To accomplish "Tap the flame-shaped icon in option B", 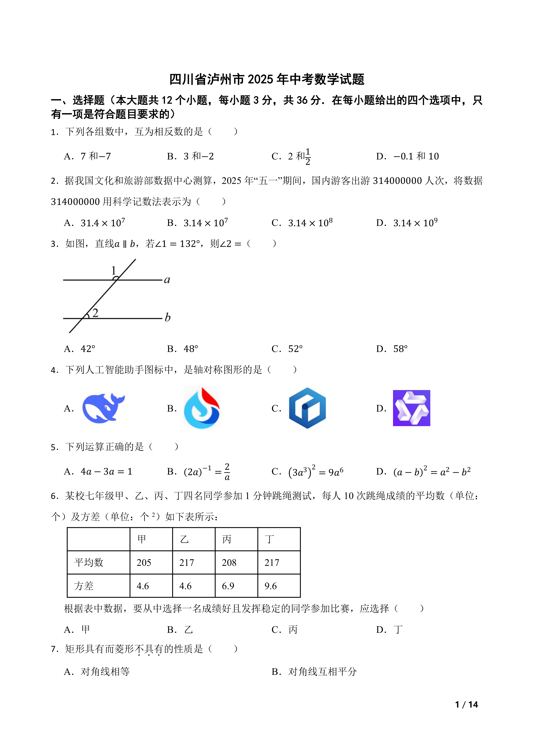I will pyautogui.click(x=202, y=408).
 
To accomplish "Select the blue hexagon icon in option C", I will pyautogui.click(x=307, y=408).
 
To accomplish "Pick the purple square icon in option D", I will pyautogui.click(x=411, y=408).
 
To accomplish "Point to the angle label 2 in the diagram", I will pyautogui.click(x=95, y=312).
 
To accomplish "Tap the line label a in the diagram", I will pyautogui.click(x=167, y=280).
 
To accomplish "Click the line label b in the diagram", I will pyautogui.click(x=167, y=317).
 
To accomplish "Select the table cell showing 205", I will pyautogui.click(x=144, y=562).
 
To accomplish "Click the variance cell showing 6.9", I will pyautogui.click(x=228, y=586).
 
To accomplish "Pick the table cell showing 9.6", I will pyautogui.click(x=271, y=586).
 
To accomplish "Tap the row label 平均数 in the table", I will pyautogui.click(x=89, y=562).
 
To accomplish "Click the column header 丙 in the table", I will pyautogui.click(x=227, y=539).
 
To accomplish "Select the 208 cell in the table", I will pyautogui.click(x=229, y=562).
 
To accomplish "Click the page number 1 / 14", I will pyautogui.click(x=466, y=705).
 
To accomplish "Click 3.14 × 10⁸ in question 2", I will pyautogui.click(x=310, y=223).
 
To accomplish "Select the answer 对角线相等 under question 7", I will pyautogui.click(x=105, y=672).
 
